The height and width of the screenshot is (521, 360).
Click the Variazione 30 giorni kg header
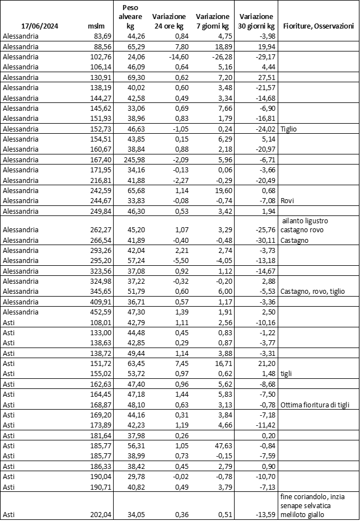click(x=256, y=21)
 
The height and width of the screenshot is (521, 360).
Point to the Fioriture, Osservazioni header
click(x=319, y=26)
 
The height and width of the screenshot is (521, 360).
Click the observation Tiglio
click(x=289, y=128)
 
